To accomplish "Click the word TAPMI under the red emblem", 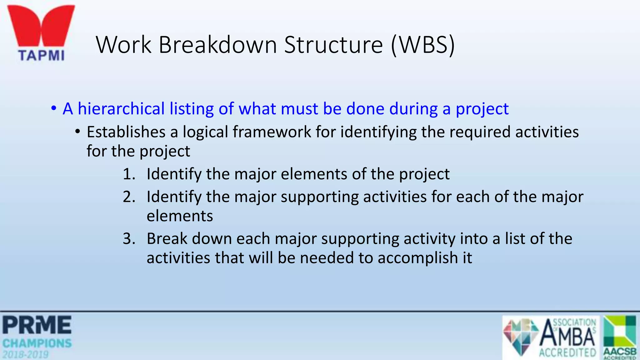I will click(x=42, y=56).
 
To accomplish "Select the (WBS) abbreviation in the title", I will click(x=422, y=45).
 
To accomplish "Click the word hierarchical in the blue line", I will click(x=121, y=109).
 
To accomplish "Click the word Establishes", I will click(x=126, y=132).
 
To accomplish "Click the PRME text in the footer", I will click(x=37, y=325).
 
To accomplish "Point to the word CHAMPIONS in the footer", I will click(x=37, y=343).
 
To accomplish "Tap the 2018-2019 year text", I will click(x=26, y=355).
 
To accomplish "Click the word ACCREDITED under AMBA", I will click(x=567, y=353).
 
